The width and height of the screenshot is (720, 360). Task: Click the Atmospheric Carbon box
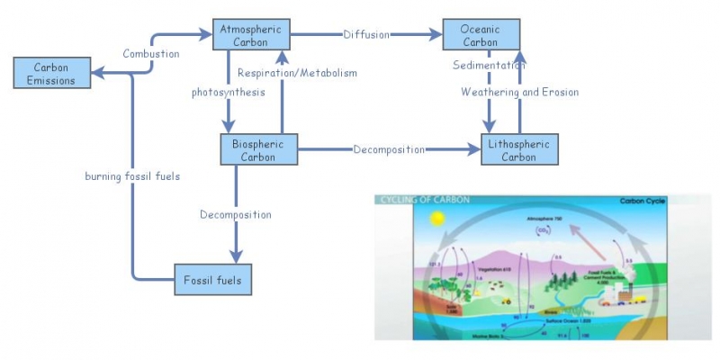tap(251, 36)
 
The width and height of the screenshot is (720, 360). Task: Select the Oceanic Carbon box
tap(481, 36)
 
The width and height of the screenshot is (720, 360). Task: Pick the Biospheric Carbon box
tap(258, 149)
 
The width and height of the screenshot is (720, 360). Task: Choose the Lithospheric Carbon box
tap(519, 149)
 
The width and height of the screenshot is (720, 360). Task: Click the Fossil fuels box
tap(212, 279)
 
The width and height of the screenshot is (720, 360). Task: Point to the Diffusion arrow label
tap(366, 36)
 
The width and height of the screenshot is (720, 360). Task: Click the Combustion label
tap(150, 54)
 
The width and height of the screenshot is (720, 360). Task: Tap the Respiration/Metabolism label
tap(298, 73)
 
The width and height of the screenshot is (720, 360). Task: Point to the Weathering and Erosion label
tap(519, 92)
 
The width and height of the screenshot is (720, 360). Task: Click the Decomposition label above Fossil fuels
tap(236, 215)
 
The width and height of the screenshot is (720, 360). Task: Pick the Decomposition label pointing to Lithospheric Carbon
tap(389, 149)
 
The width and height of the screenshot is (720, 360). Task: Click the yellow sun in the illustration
tap(438, 219)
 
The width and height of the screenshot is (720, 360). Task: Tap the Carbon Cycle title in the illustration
tap(643, 202)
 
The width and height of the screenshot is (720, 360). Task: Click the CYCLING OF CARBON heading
tap(415, 200)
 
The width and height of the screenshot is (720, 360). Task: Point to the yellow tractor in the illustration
tap(507, 301)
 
